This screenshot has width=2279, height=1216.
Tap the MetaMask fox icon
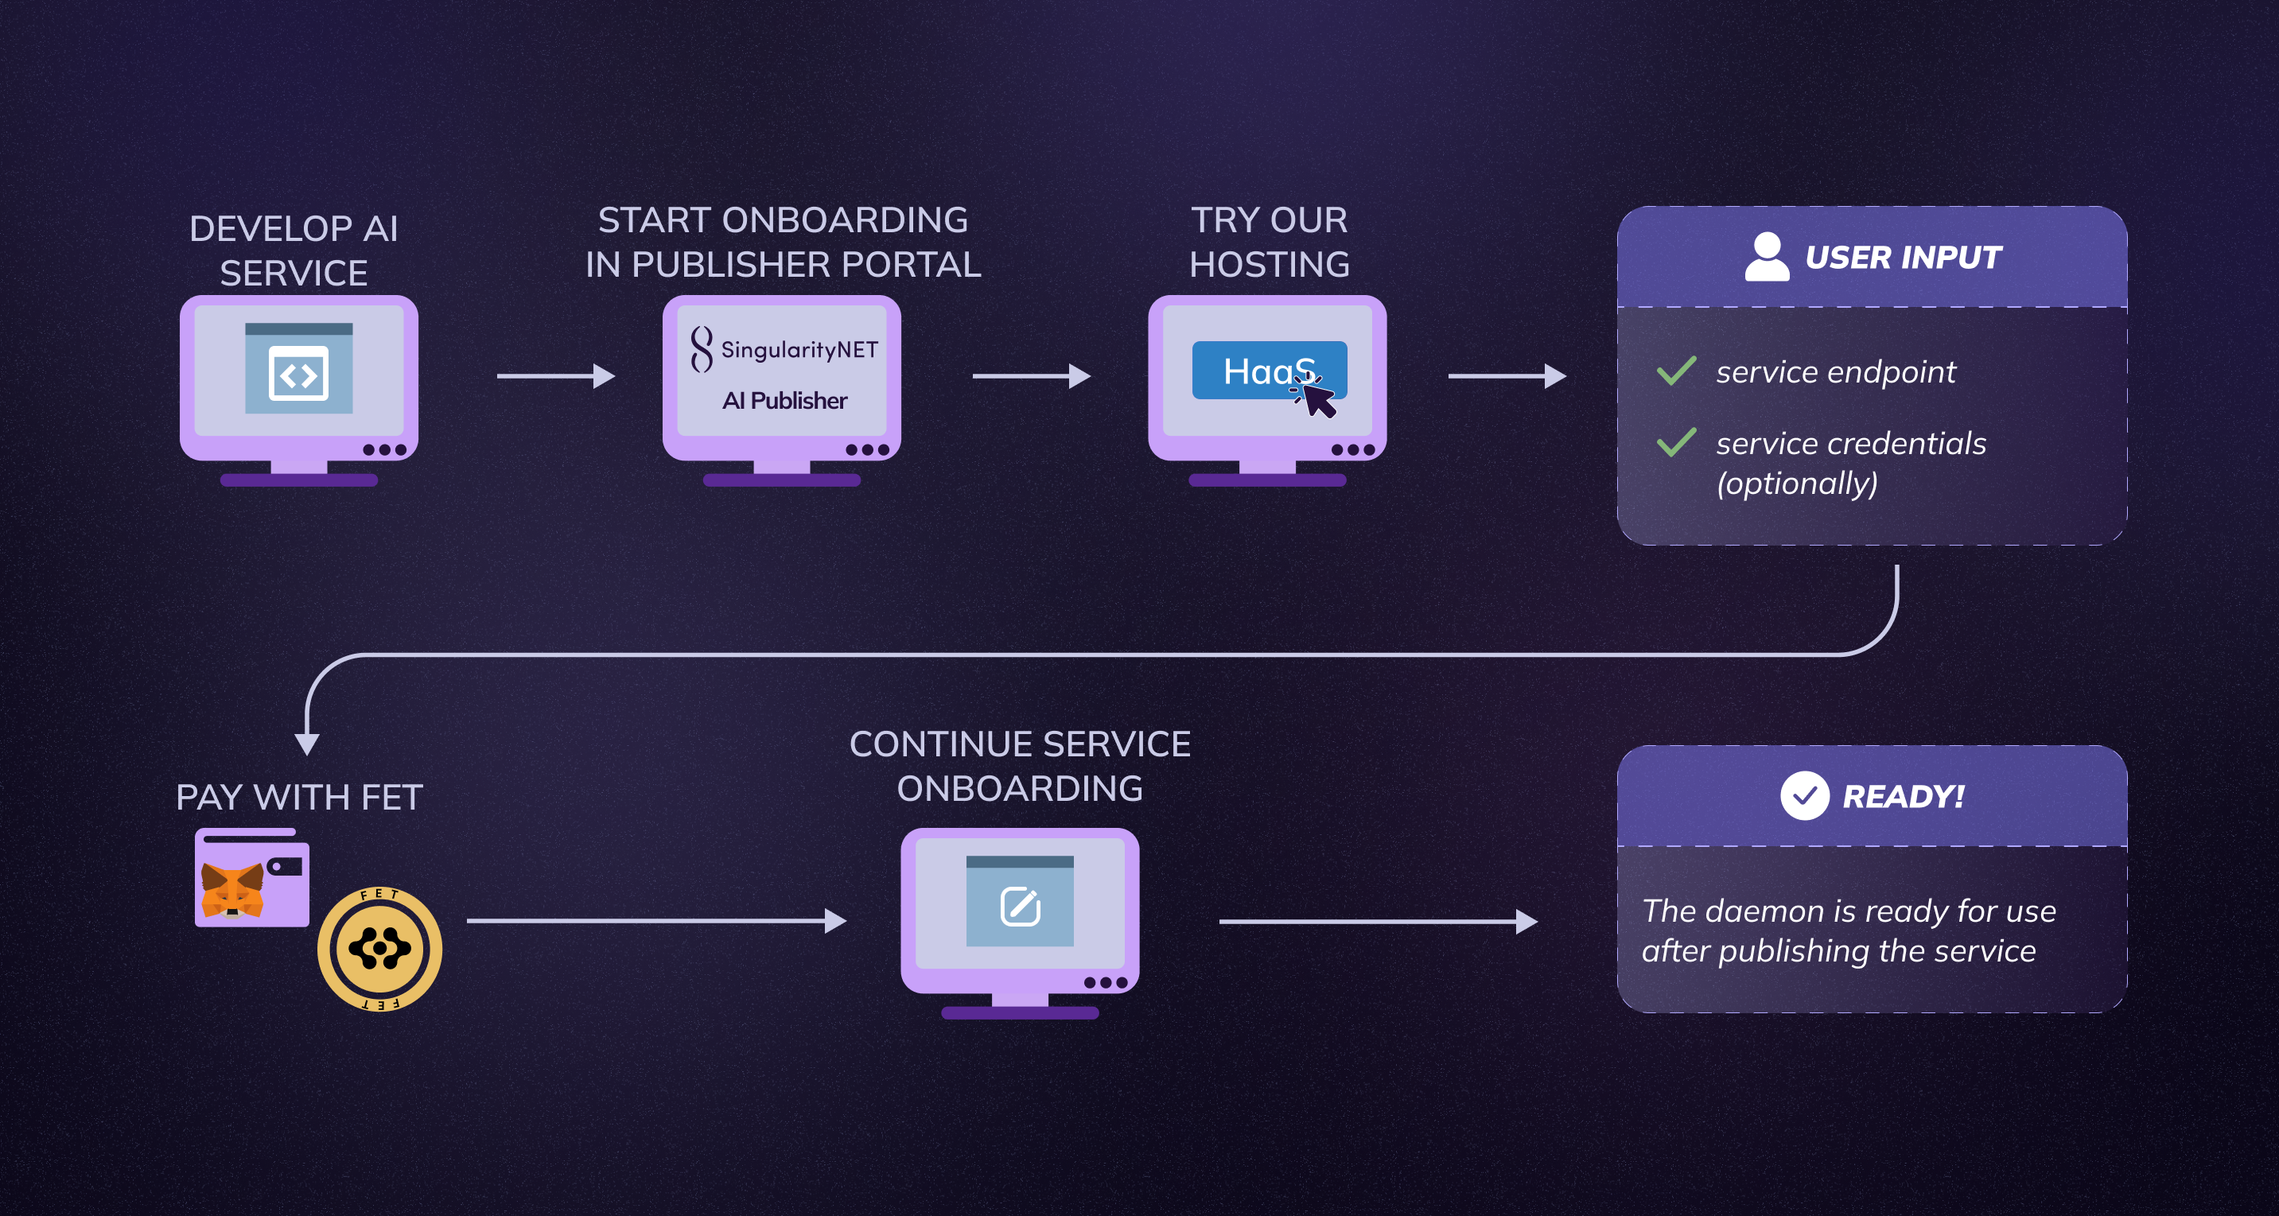pos(231,891)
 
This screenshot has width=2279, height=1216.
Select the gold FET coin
pos(379,949)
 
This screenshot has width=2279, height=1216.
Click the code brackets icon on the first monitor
pos(298,375)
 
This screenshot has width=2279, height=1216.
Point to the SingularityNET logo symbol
pos(702,349)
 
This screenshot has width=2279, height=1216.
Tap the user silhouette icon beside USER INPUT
pos(1766,256)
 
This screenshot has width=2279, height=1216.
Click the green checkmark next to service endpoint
pos(1675,371)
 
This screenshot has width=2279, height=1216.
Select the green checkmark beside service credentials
pos(1675,441)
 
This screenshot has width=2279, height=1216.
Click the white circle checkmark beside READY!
pos(1804,796)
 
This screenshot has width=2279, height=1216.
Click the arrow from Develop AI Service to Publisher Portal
pos(555,376)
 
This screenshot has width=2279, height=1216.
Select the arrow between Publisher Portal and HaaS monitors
pos(1031,376)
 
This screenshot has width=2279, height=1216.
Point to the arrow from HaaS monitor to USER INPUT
pos(1506,376)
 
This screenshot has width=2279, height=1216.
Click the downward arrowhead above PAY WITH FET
pos(307,743)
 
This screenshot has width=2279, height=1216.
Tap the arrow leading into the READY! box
pos(1378,922)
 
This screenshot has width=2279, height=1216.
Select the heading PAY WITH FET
pos(299,798)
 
